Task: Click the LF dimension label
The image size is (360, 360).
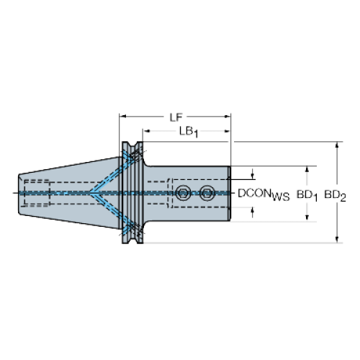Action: tap(176, 117)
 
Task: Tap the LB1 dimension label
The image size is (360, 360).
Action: tap(189, 132)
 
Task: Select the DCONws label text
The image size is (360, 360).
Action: tap(264, 194)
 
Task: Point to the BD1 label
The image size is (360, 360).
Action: tap(307, 195)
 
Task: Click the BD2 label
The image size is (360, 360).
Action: tap(335, 195)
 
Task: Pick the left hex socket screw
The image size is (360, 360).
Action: tap(183, 193)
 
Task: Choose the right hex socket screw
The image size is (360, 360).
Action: tap(207, 193)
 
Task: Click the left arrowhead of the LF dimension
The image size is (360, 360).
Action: tap(122, 117)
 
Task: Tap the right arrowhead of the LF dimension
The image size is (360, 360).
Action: tap(228, 117)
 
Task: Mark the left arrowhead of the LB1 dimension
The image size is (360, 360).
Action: tap(146, 131)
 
